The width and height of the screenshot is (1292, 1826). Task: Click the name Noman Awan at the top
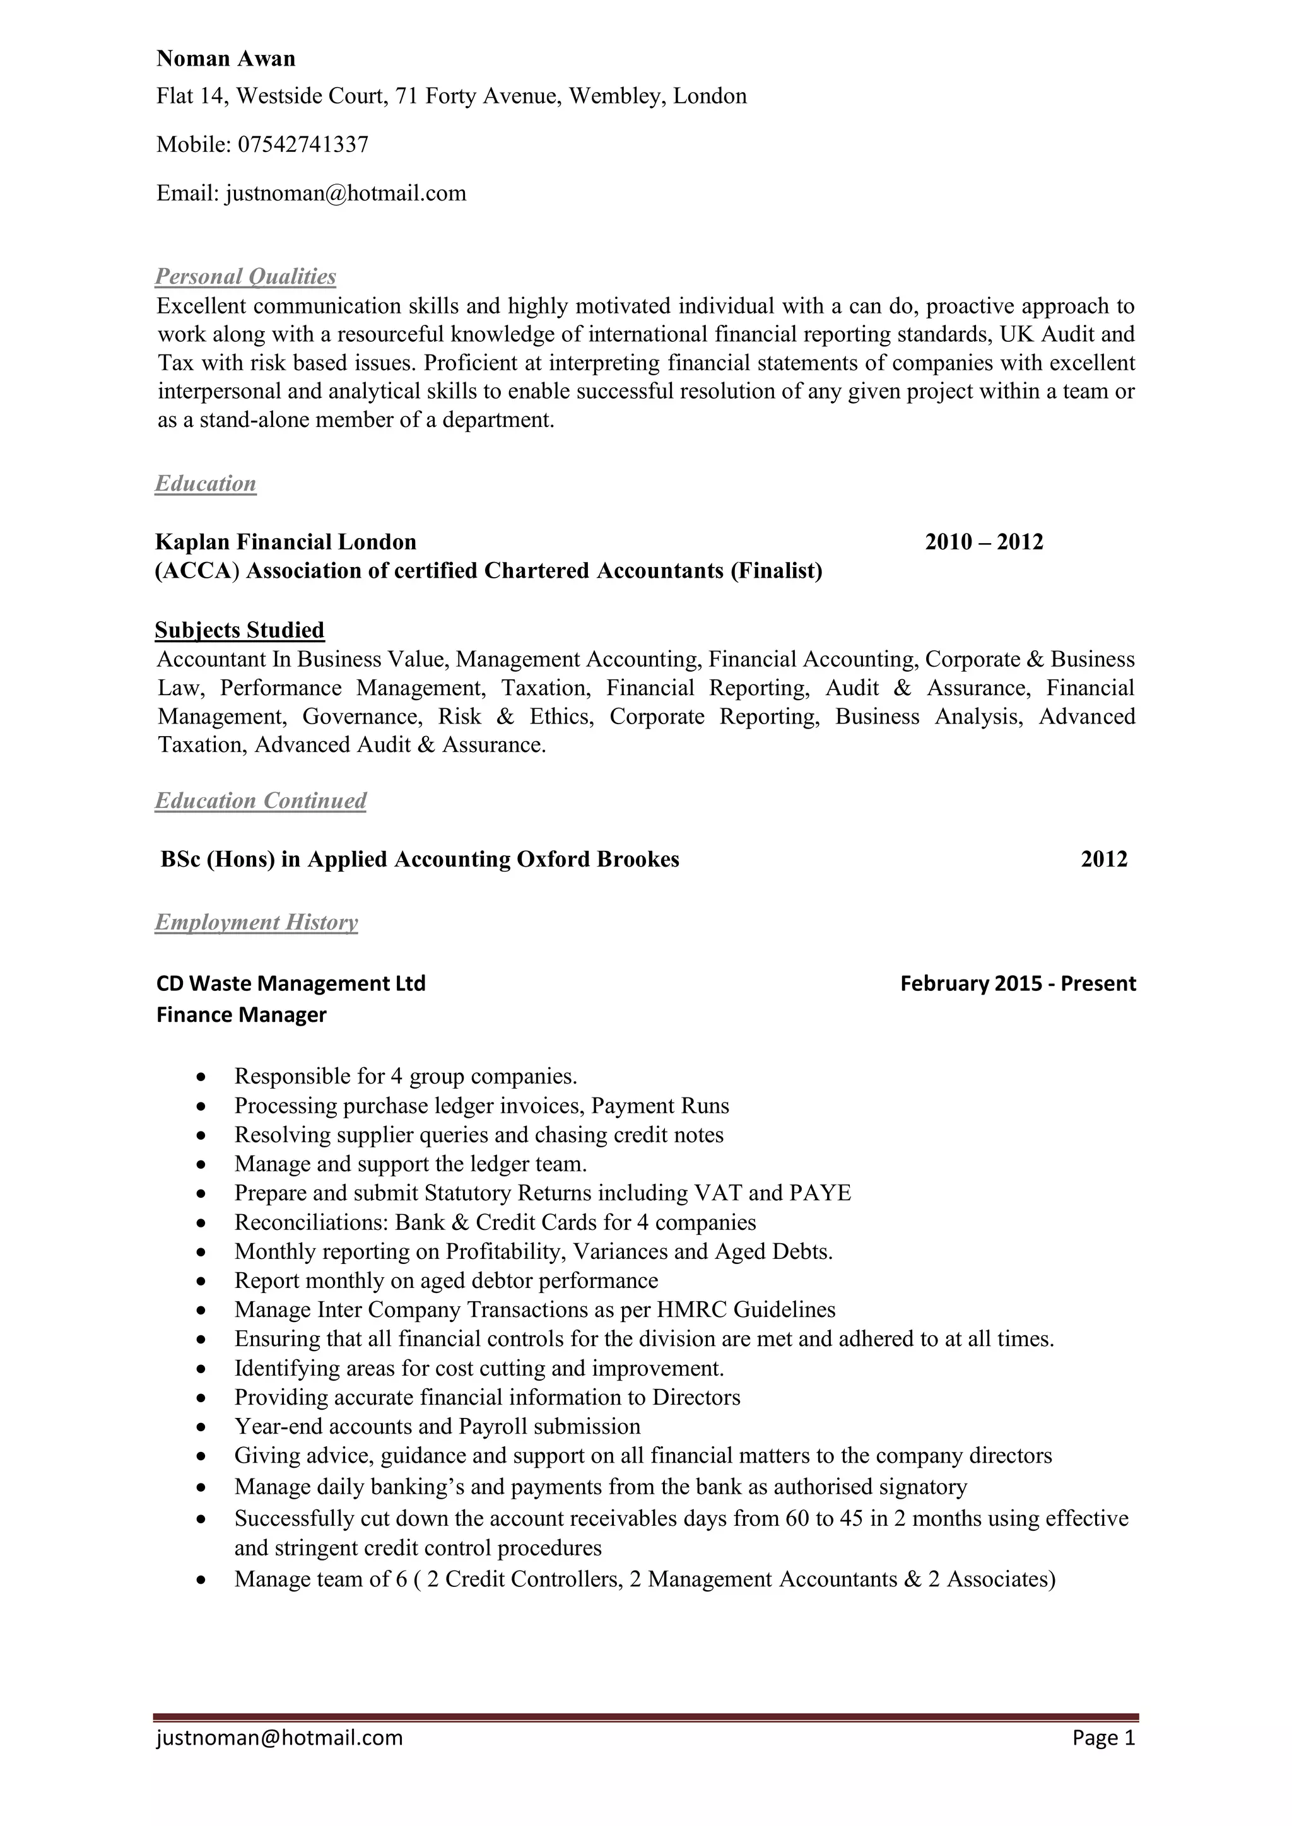point(226,59)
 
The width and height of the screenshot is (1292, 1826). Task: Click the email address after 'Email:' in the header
point(346,193)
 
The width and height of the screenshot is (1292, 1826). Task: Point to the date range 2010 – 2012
point(984,542)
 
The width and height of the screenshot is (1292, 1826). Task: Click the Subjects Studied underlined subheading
point(240,631)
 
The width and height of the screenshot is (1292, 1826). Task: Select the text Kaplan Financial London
point(286,542)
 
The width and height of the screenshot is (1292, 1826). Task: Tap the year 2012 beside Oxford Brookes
point(1104,860)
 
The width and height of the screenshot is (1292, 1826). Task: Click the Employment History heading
point(256,923)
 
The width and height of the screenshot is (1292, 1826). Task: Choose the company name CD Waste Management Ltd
point(291,984)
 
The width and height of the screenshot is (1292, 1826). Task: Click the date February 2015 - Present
point(1018,984)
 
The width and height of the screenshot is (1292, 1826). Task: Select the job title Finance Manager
point(242,1015)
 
